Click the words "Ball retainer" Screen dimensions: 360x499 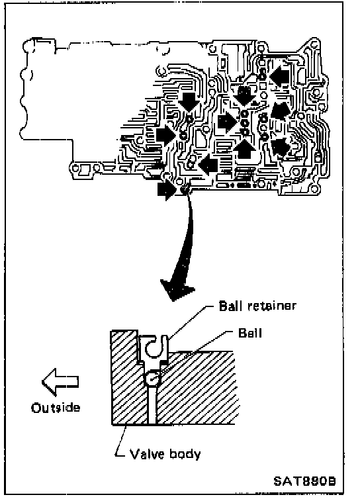[257, 306]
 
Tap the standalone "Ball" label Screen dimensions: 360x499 [250, 333]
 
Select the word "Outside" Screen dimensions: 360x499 [56, 408]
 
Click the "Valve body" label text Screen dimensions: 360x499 [165, 454]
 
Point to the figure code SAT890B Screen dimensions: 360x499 [304, 481]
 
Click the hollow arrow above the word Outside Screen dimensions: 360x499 [60, 382]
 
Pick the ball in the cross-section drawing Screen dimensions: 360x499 [151, 379]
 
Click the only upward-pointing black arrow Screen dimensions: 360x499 [244, 149]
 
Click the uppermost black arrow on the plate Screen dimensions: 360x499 [280, 75]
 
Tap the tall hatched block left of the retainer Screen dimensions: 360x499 [124, 377]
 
